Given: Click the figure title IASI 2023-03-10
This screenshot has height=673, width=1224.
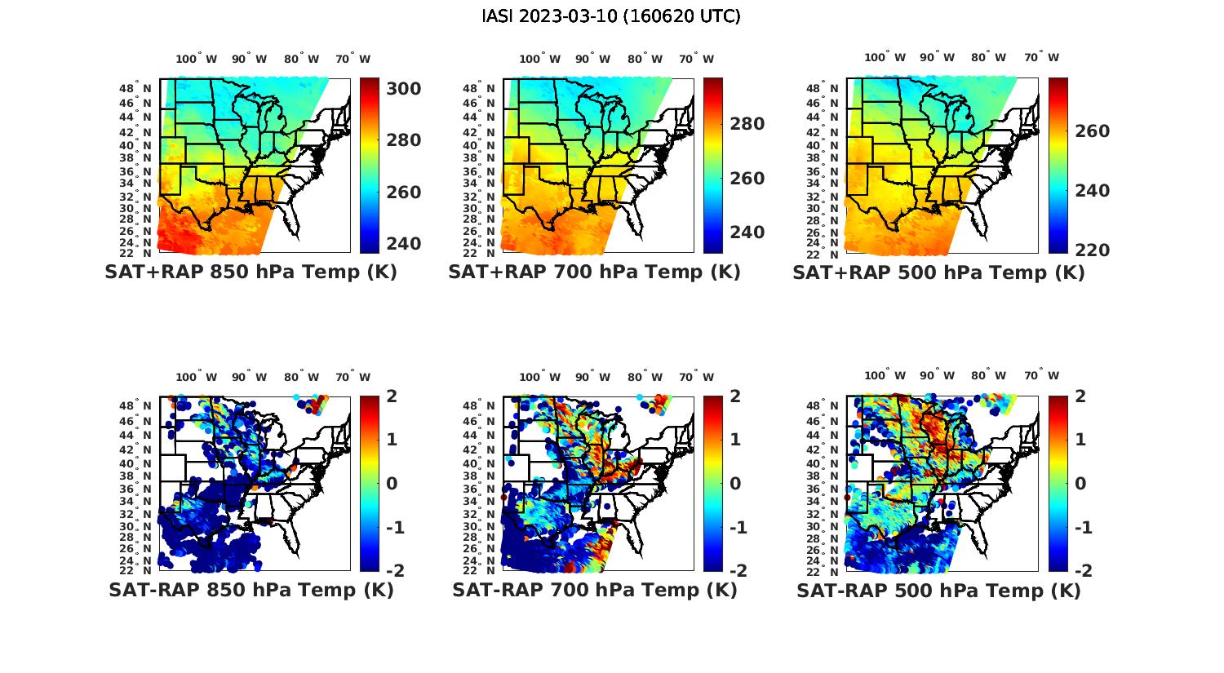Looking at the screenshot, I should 611,16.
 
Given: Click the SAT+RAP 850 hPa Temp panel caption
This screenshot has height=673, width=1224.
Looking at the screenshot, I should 251,272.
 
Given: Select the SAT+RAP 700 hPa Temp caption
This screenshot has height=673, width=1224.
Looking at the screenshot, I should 594,272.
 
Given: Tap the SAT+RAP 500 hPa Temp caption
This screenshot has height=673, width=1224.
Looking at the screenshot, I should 938,273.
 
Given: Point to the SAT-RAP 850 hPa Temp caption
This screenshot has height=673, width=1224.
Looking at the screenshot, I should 251,590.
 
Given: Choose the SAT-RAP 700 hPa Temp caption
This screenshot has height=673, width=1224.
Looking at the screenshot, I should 595,590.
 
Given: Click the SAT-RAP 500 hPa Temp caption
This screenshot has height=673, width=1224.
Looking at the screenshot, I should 938,591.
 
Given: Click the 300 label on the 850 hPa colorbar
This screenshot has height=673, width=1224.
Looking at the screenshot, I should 403,88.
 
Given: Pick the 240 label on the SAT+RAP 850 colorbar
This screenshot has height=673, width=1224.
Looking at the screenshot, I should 403,244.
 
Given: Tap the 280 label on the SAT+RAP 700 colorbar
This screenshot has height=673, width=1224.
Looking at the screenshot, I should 747,124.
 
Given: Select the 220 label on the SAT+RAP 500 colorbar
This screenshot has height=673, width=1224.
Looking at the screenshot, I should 1092,250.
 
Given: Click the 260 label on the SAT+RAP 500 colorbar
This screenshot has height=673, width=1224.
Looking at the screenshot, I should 1092,131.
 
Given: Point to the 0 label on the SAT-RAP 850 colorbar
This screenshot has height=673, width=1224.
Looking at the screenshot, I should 391,483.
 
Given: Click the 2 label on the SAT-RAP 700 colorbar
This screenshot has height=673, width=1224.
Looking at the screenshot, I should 735,396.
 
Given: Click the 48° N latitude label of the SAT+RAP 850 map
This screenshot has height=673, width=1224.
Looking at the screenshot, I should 135,89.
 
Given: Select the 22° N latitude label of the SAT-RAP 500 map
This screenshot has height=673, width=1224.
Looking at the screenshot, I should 823,570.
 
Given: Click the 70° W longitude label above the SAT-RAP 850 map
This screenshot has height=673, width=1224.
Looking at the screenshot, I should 353,377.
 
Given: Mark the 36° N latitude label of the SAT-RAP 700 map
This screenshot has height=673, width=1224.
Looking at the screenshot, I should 479,489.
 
